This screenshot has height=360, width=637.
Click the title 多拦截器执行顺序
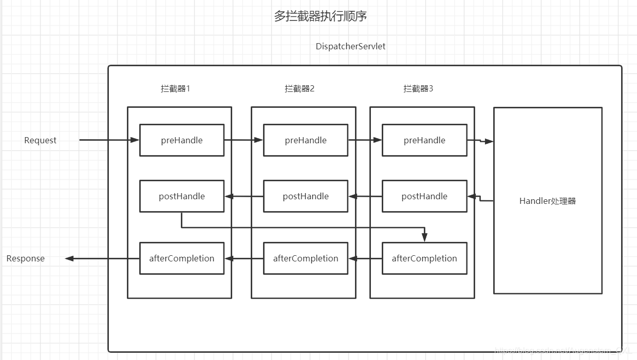(321, 16)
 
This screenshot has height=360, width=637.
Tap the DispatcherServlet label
(350, 46)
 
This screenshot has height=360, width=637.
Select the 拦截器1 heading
(175, 88)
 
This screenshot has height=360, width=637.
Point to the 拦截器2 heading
(299, 88)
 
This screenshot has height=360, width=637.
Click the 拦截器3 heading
(418, 88)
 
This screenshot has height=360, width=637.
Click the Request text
(40, 140)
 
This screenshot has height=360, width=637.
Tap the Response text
(26, 258)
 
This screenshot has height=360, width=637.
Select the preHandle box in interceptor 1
(182, 140)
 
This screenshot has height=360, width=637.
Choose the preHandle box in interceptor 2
(306, 140)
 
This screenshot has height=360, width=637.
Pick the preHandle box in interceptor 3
(424, 140)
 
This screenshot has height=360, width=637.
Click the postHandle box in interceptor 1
(182, 196)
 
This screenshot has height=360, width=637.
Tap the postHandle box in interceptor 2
(306, 196)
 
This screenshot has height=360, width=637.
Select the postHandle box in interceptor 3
(424, 196)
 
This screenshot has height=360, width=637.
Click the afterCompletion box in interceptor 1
(182, 258)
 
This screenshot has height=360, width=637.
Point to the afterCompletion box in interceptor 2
(306, 258)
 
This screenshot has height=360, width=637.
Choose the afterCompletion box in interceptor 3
(424, 258)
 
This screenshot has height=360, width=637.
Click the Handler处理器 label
(548, 201)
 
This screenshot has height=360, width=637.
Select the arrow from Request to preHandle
(109, 140)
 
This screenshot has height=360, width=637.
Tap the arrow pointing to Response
(103, 258)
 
